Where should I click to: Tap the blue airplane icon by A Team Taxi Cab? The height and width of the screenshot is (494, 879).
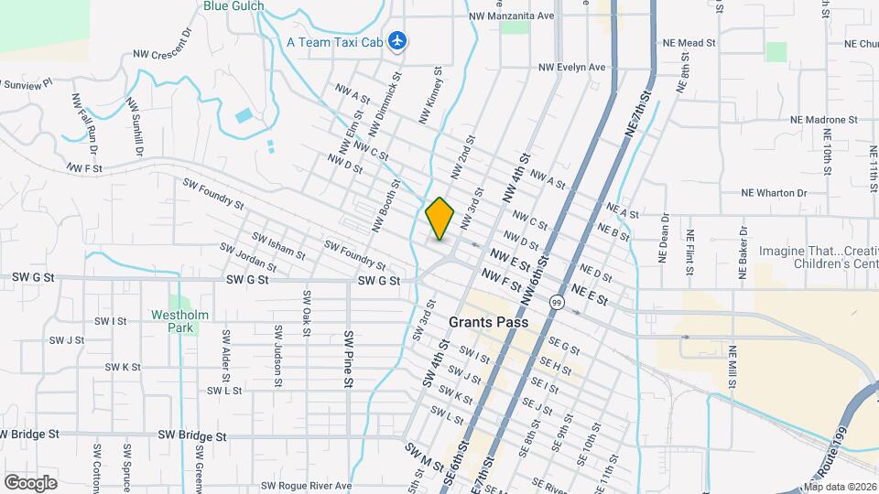pos(397,41)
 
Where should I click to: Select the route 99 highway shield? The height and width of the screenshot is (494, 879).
pos(556,302)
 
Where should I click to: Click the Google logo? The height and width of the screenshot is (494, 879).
pos(30,482)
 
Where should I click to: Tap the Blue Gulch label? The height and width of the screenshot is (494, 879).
pos(233,5)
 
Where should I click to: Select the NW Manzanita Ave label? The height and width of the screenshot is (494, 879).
pos(511,16)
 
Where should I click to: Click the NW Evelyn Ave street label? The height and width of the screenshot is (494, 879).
pos(572,67)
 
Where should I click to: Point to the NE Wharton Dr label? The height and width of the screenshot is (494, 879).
pos(775,193)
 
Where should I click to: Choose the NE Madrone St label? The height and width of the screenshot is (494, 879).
pos(825,120)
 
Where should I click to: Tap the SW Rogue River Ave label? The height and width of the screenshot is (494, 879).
pos(306,486)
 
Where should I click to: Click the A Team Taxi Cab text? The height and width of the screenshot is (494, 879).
pos(333,41)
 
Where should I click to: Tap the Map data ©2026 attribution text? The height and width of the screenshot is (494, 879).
pos(839,487)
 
